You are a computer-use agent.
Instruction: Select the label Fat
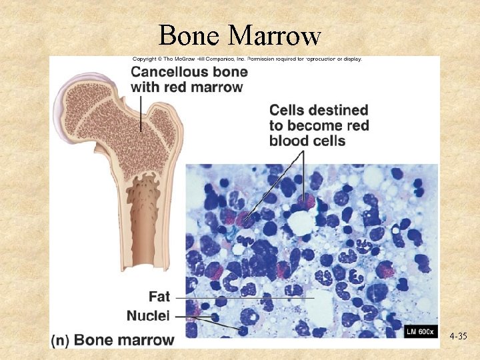tap(159, 295)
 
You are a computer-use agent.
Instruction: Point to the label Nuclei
tap(149, 315)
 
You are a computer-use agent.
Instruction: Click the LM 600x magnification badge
tap(420, 331)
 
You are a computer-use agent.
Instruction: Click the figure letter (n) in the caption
tap(61, 340)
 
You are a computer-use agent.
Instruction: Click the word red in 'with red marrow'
tap(176, 87)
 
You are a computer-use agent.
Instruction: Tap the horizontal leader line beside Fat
tap(247, 296)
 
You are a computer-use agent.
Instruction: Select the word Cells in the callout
tap(287, 110)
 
